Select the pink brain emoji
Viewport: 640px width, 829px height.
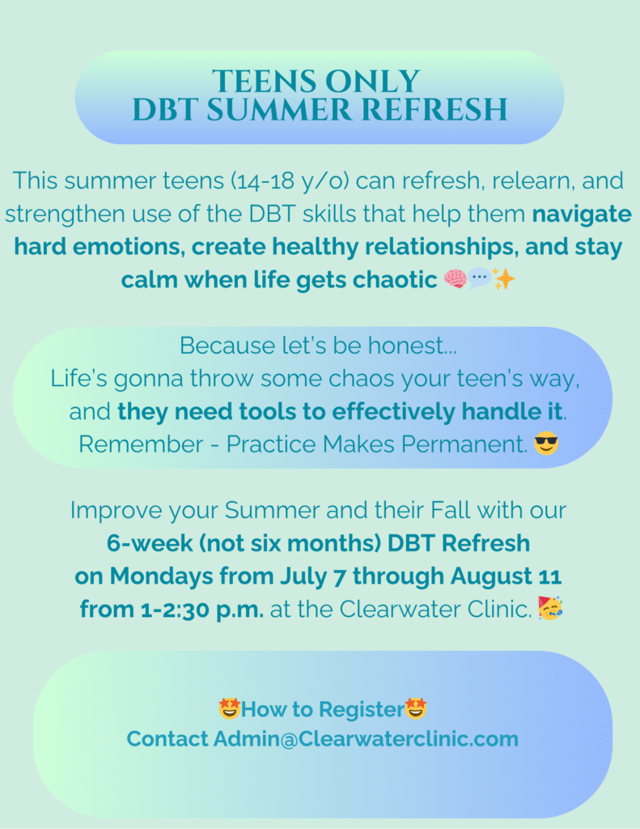[x=455, y=278]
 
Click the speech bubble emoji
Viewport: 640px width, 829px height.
[x=479, y=278]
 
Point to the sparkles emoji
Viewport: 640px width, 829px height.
[x=502, y=278]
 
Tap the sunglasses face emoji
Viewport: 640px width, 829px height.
[x=546, y=443]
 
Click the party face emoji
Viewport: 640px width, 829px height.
[x=550, y=608]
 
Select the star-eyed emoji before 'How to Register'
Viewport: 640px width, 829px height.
[x=229, y=708]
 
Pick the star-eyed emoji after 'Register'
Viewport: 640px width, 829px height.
[x=415, y=708]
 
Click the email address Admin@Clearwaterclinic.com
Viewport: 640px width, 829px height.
[x=366, y=739]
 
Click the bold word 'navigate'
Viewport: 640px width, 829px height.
[x=581, y=215]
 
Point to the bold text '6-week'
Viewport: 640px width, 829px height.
[x=150, y=543]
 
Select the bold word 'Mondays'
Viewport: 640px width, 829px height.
[x=161, y=576]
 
